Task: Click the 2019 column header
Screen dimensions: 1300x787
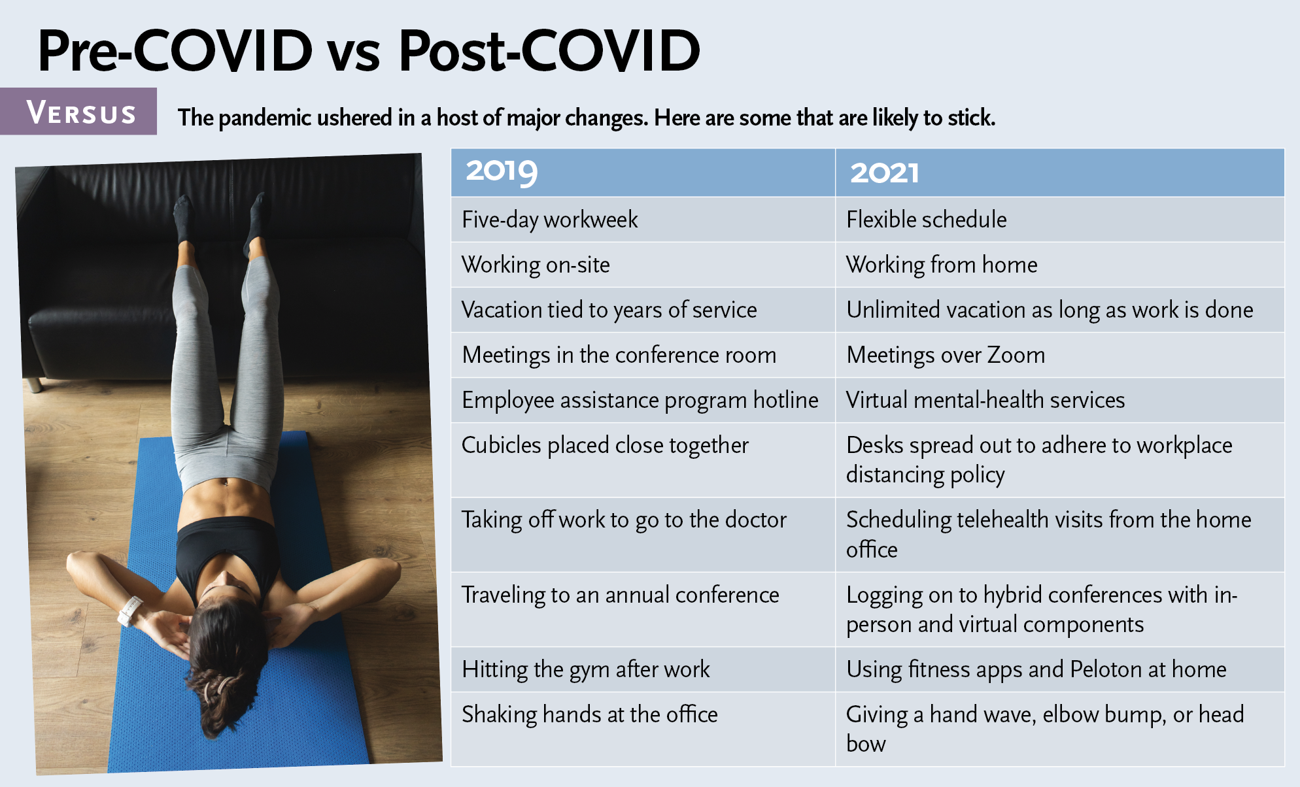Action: pos(643,173)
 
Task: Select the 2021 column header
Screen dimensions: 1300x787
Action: pos(1060,173)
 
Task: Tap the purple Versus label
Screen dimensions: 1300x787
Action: pos(78,112)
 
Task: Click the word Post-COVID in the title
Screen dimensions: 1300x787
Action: pos(549,51)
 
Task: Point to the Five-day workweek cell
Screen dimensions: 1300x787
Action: pos(643,220)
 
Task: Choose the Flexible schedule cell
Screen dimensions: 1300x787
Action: pos(1060,220)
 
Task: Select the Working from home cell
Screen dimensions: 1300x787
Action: pos(1060,265)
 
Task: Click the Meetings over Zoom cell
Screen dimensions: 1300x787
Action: pos(1060,355)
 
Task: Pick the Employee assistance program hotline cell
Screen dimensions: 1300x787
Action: pos(643,400)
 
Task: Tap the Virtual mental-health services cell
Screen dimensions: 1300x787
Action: pos(1060,400)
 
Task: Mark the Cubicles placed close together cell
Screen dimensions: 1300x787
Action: pos(643,460)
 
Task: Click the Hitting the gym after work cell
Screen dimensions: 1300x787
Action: pos(643,670)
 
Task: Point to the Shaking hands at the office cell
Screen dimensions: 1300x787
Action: pos(643,729)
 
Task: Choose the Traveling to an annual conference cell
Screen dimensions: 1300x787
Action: pos(643,610)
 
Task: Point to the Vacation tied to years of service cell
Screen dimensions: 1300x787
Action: pos(643,310)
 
